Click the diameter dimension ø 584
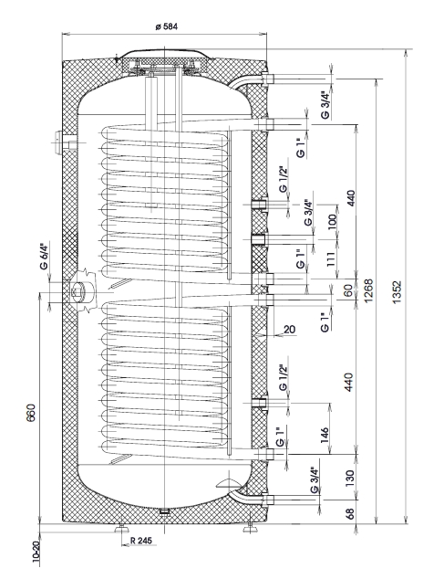click(166, 26)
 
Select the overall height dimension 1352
click(397, 292)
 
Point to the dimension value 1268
click(368, 290)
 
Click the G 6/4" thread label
click(45, 256)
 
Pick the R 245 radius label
click(141, 541)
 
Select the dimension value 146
click(325, 435)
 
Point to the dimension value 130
click(350, 478)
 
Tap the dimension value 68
click(350, 513)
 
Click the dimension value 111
click(331, 259)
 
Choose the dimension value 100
click(332, 222)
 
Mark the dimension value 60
click(348, 290)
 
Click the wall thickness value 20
click(290, 329)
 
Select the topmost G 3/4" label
click(325, 105)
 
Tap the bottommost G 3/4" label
click(315, 480)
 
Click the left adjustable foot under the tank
click(120, 529)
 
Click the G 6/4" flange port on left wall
click(78, 292)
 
